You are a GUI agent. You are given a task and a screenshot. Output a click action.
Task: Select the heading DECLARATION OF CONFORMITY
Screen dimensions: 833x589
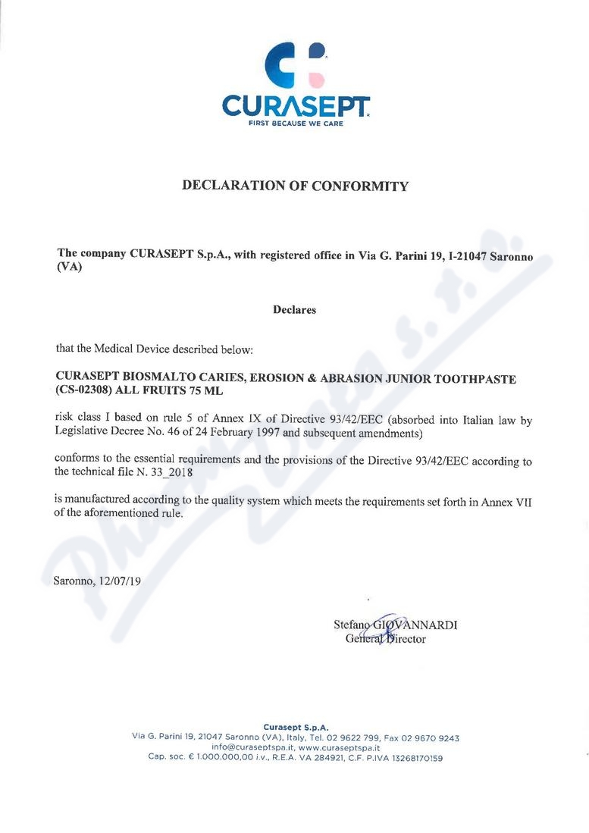click(x=295, y=186)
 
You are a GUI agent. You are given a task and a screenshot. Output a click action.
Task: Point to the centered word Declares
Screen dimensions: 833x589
click(x=294, y=310)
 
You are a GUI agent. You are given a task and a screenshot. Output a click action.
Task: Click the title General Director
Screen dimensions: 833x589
click(x=385, y=639)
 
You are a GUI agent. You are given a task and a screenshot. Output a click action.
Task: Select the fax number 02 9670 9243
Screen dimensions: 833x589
click(x=431, y=737)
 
